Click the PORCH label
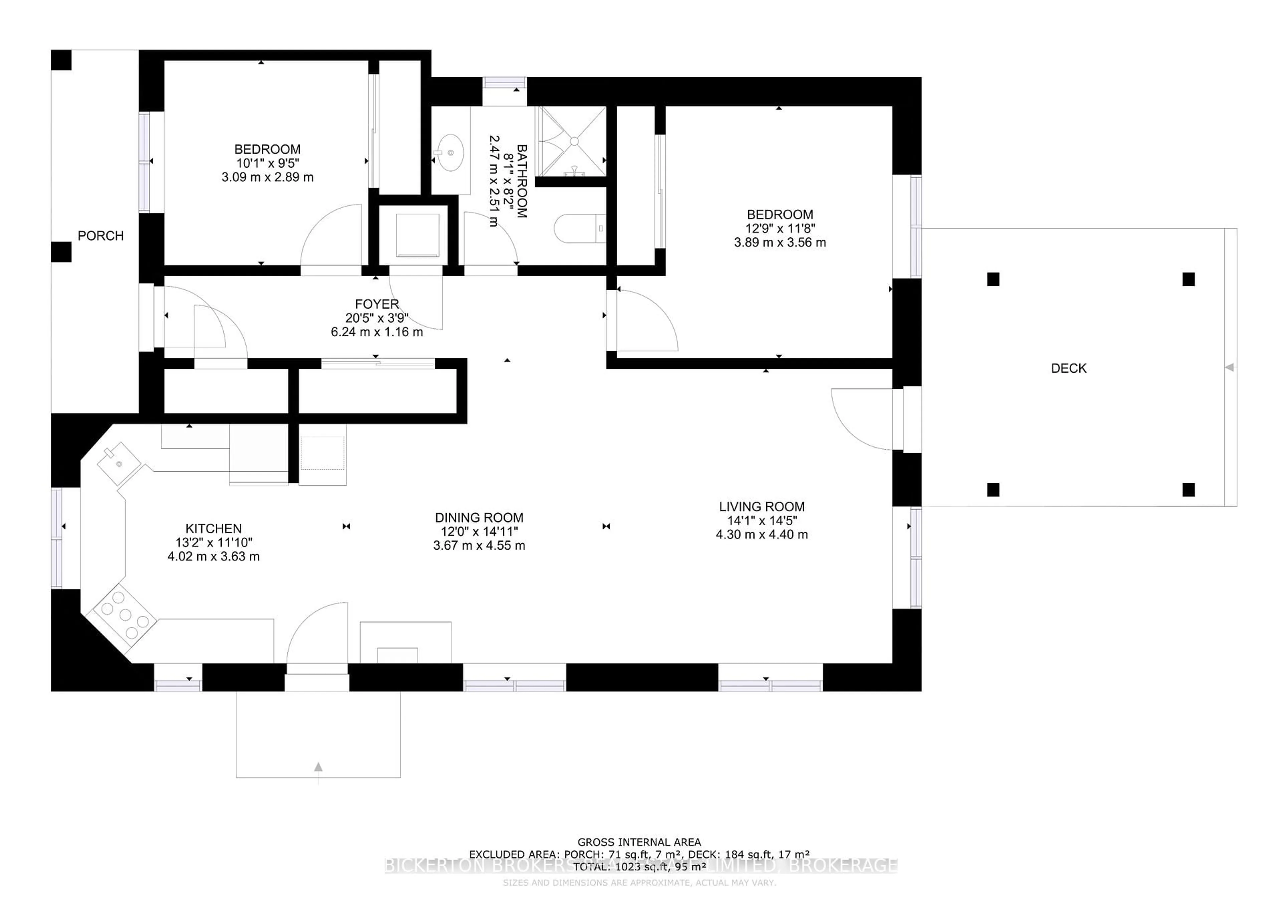100,236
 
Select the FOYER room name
377,304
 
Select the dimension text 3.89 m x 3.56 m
780,242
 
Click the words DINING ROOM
479,518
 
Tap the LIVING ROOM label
762,507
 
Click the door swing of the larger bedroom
648,321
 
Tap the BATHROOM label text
521,181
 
